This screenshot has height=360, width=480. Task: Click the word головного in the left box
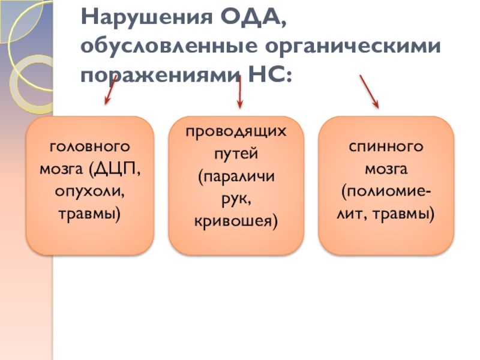pos(89,146)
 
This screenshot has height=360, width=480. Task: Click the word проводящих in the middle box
pos(236,133)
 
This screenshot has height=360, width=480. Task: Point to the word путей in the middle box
pos(236,155)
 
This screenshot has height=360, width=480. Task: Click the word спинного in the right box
pos(386,146)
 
